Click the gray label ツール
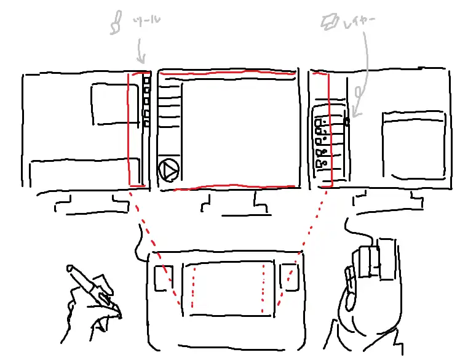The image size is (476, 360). click(146, 21)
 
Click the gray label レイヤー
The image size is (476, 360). click(359, 22)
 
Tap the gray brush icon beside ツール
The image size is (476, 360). click(116, 22)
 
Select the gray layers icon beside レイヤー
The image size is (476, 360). click(330, 22)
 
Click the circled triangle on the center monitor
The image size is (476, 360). click(169, 170)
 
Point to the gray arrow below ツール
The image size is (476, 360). click(141, 51)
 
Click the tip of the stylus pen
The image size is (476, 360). click(69, 268)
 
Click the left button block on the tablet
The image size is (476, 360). click(164, 278)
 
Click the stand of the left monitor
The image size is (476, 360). click(92, 205)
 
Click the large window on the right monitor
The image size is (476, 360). click(414, 145)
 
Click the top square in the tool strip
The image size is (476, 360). click(147, 81)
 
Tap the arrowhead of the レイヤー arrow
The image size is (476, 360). click(356, 113)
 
